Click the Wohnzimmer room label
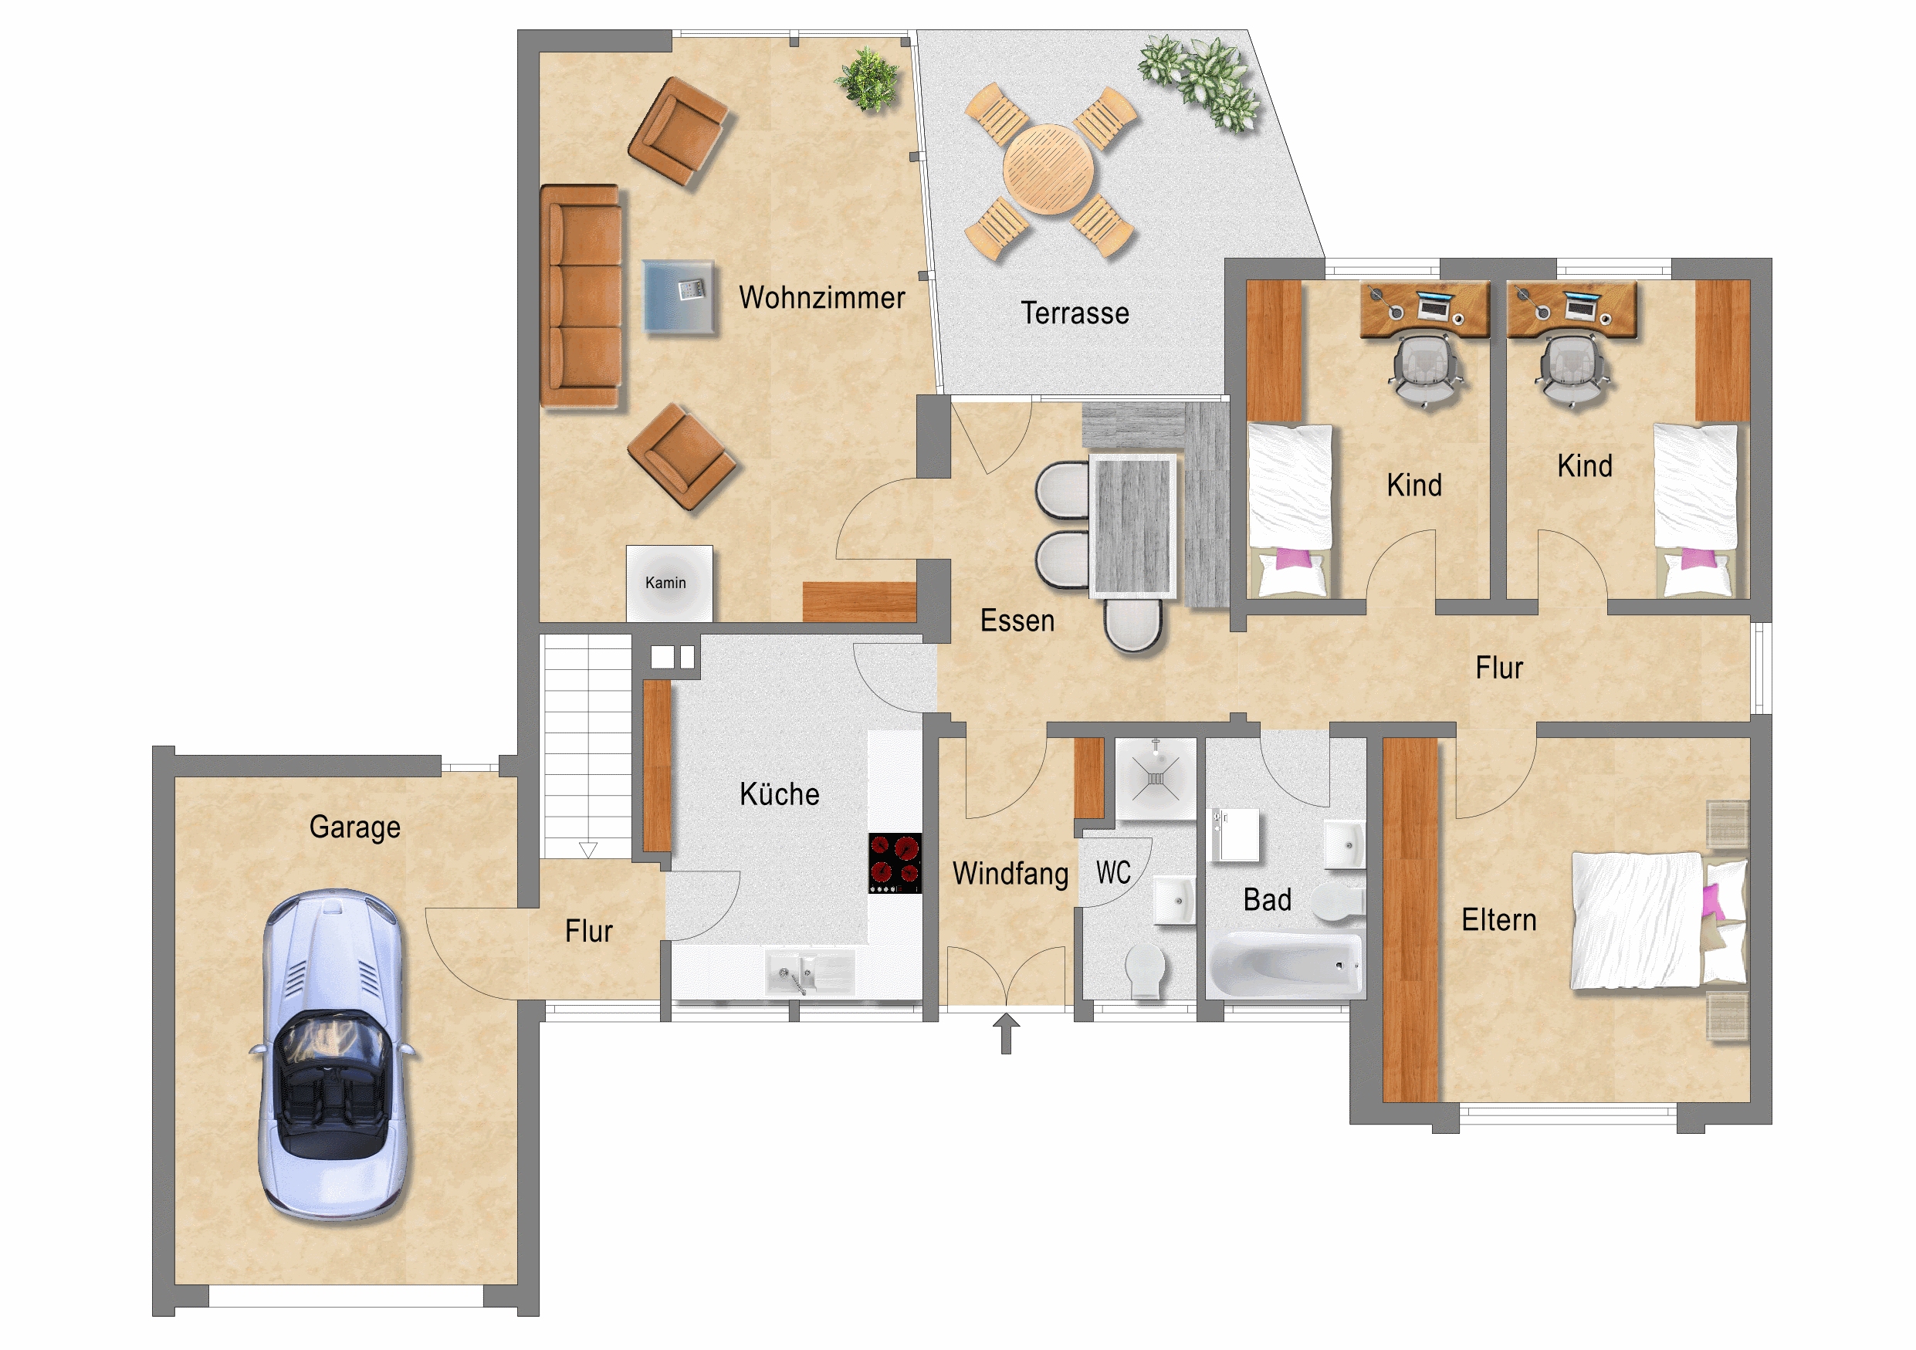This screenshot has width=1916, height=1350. point(821,298)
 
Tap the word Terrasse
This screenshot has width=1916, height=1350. point(1075,313)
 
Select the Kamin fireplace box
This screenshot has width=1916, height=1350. point(669,584)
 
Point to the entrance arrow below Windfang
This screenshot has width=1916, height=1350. point(1006,1034)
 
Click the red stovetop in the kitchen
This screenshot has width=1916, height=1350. point(895,863)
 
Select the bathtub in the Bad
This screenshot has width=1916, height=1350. point(1286,966)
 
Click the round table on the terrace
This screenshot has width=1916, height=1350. point(1048,169)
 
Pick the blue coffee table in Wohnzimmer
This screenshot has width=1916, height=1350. point(679,297)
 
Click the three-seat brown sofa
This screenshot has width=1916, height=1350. point(581,296)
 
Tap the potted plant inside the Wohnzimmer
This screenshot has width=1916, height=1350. point(868,80)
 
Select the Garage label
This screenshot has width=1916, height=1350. point(354,827)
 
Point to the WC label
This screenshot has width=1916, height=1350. point(1113,873)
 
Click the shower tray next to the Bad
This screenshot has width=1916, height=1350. point(1156,779)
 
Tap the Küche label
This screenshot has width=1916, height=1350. point(780,793)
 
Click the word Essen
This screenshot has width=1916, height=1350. point(1017,621)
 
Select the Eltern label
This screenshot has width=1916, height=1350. point(1498,919)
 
